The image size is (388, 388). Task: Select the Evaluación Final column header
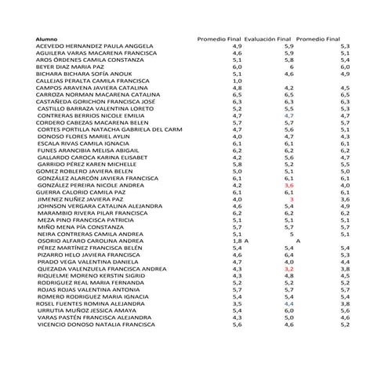point(267,38)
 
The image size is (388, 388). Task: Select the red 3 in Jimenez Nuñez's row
point(291,199)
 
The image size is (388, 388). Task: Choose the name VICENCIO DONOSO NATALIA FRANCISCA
point(96,325)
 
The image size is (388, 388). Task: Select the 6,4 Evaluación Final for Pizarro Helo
point(288,255)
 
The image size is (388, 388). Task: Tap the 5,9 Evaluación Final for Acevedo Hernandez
point(288,46)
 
